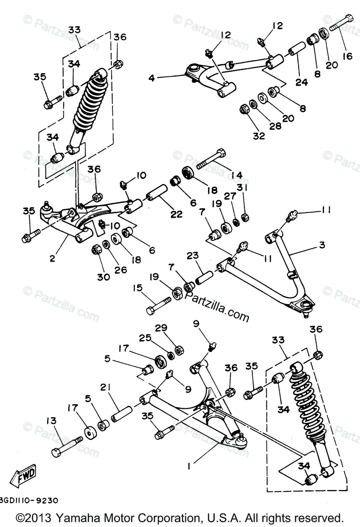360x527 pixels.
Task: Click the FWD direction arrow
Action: [x=24, y=476]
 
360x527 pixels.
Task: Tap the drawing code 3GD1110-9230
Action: [x=28, y=501]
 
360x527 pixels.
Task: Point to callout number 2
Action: [x=52, y=259]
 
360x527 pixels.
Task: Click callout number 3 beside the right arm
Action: [x=322, y=245]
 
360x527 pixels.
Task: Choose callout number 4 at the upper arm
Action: [x=151, y=79]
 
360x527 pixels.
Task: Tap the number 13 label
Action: [x=52, y=421]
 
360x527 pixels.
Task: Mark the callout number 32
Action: [x=259, y=136]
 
